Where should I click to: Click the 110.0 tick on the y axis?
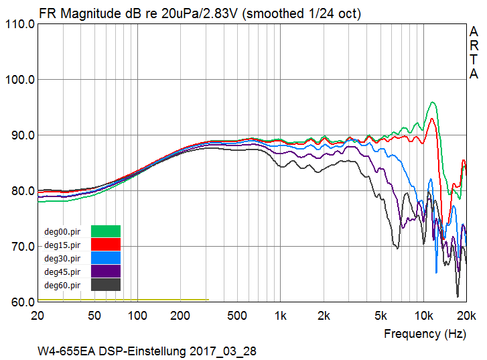(19, 24)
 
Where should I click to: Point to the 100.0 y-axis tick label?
(19, 80)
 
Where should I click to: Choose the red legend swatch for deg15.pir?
(106, 245)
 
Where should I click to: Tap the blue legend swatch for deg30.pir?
(106, 258)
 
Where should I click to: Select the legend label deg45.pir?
(62, 272)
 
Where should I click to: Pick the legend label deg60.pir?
(62, 285)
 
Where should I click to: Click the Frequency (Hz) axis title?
(425, 333)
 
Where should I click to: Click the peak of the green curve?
(433, 102)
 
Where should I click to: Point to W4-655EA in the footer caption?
(65, 351)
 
